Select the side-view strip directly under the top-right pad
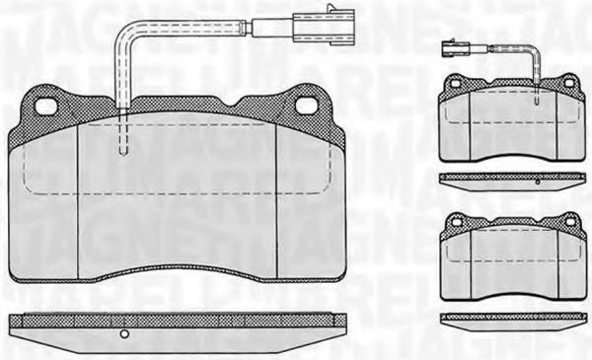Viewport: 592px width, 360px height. [x=512, y=178]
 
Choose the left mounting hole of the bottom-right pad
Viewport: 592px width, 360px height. [x=456, y=223]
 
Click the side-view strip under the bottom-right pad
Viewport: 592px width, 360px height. [x=512, y=317]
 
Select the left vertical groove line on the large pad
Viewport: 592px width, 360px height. [x=79, y=197]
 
